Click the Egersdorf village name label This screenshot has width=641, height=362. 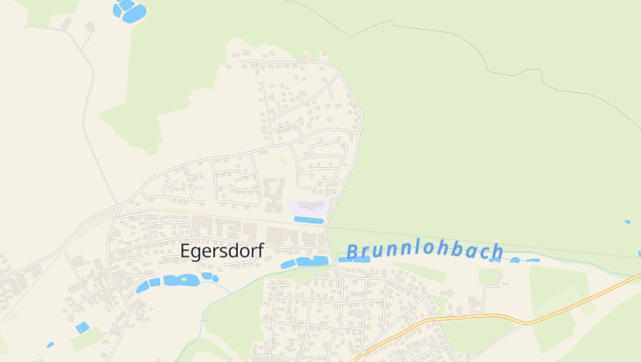click(222, 251)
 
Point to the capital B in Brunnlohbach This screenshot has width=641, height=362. click(353, 252)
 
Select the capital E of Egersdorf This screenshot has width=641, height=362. click(186, 250)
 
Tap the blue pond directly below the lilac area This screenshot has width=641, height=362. click(308, 219)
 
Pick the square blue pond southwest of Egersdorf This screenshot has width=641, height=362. click(83, 327)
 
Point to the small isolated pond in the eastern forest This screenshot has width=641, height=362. click(627, 222)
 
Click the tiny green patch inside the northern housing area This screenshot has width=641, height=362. click(283, 161)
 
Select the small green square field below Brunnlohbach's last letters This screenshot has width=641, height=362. click(490, 276)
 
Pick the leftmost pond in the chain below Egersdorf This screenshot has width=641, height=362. click(143, 288)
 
